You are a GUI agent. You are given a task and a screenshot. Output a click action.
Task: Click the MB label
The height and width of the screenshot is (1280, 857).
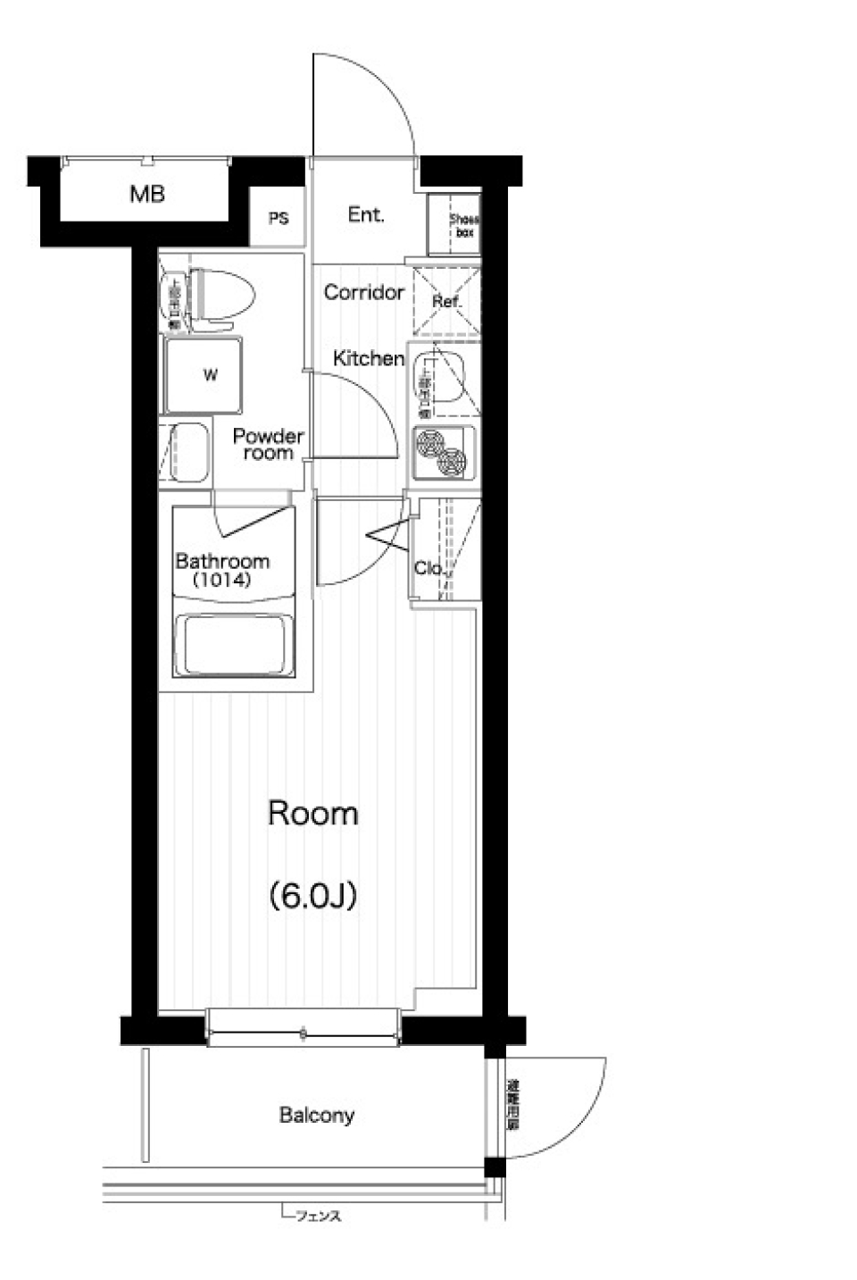[147, 194]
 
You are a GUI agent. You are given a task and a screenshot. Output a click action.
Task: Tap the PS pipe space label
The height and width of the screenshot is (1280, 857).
[279, 218]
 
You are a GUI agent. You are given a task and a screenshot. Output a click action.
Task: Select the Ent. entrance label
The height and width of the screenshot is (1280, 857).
[365, 215]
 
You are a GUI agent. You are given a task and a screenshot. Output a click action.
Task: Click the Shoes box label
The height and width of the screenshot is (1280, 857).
[463, 225]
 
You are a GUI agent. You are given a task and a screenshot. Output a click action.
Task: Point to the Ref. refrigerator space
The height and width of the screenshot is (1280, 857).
[445, 301]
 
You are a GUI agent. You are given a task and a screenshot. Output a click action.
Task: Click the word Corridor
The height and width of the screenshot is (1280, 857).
[363, 292]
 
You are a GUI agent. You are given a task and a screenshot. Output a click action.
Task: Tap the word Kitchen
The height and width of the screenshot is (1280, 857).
[368, 358]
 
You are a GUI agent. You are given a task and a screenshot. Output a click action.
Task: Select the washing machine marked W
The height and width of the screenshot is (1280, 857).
[211, 375]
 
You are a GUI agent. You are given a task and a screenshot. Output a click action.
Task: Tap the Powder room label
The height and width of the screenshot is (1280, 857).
[268, 444]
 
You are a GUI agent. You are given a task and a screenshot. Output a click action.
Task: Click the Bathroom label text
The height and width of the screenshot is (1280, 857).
[222, 561]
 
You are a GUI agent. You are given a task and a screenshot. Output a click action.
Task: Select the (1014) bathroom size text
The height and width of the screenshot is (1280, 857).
[222, 580]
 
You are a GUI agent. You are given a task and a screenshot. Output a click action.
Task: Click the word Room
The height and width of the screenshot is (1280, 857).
[313, 813]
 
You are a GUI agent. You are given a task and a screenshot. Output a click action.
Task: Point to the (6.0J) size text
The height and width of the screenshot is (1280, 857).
[313, 894]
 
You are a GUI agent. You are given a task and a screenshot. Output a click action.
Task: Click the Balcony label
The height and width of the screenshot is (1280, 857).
[317, 1115]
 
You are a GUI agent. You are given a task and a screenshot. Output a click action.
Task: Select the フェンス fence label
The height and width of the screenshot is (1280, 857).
[318, 1216]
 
